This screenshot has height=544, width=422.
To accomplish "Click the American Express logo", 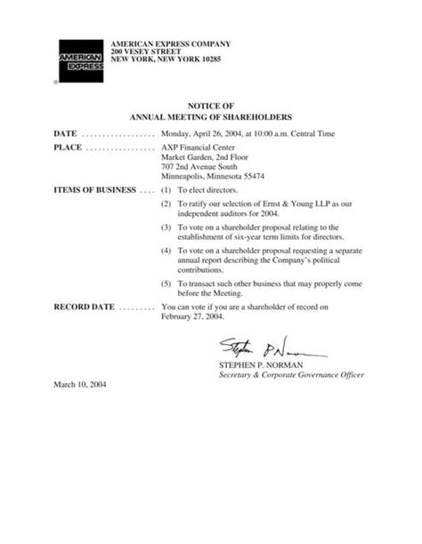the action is tap(80, 60).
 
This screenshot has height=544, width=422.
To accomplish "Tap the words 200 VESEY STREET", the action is tap(144, 52).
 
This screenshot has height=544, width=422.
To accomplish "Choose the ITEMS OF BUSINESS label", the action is tap(94, 190).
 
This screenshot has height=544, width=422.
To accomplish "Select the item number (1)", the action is tap(166, 190).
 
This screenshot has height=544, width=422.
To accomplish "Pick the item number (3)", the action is tap(166, 228).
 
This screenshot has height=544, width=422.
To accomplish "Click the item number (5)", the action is tap(166, 283).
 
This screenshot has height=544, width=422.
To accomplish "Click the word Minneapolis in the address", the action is tap(184, 176).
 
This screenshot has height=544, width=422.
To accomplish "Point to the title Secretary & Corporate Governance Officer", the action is tap(291, 375).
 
